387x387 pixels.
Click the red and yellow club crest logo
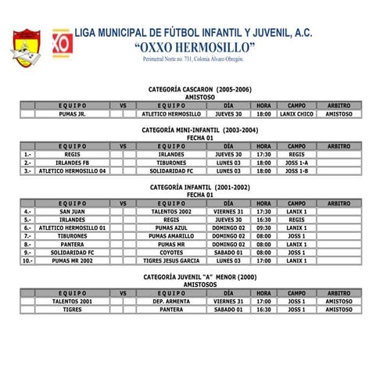26,46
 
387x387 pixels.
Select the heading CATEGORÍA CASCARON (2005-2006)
194,90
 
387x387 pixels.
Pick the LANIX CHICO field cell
296,114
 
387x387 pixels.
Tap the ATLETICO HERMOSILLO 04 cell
71,170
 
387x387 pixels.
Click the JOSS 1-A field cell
296,163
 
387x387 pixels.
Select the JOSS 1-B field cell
296,170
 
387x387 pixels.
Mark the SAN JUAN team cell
72,211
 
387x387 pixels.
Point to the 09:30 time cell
263,228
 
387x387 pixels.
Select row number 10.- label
27,260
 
